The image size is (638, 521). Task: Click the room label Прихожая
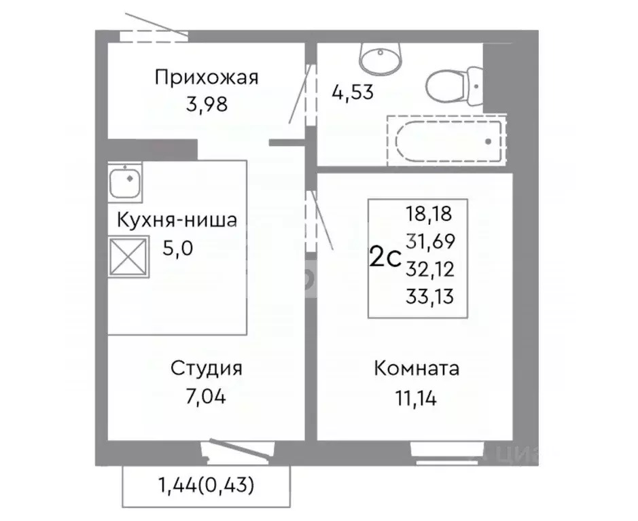point(206,77)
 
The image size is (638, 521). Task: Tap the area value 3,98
point(206,105)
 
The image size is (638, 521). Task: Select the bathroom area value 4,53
point(353,92)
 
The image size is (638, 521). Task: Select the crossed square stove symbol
point(128,257)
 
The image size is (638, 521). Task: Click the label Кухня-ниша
point(177,221)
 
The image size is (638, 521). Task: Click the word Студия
point(206,370)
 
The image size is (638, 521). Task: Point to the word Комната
point(417,370)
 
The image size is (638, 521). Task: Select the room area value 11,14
point(417,397)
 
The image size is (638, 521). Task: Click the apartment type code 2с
point(384,258)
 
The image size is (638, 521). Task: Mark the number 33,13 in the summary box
point(429,295)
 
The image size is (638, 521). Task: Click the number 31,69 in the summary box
point(429,242)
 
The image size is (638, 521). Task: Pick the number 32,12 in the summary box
point(429,268)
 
